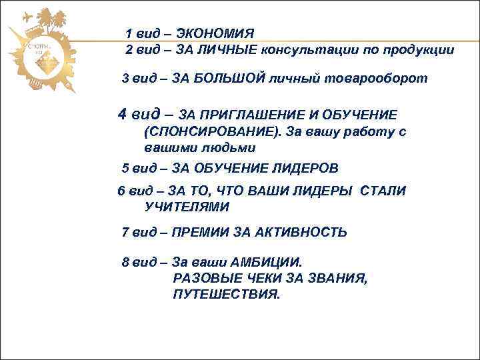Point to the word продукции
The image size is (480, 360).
pyautogui.click(x=418, y=51)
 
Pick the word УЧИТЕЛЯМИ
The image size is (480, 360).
pyautogui.click(x=187, y=207)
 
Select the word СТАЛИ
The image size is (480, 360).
pyautogui.click(x=383, y=191)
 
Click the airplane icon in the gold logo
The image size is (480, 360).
pyautogui.click(x=27, y=18)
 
